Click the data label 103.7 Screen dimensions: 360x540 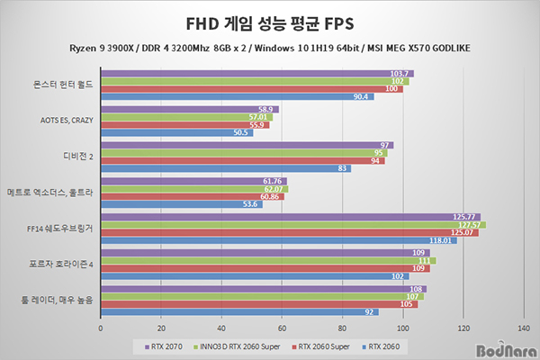pyautogui.click(x=401, y=73)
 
